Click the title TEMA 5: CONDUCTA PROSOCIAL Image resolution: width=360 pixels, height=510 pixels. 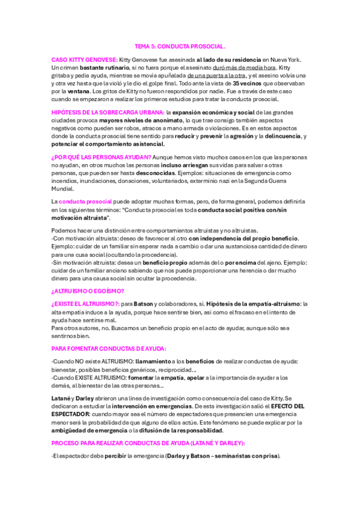[180, 46]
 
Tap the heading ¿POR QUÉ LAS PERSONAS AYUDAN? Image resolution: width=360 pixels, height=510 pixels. [101, 157]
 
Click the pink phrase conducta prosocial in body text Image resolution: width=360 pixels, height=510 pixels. [82, 201]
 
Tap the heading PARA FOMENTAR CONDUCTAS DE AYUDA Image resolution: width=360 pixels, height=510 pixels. [108, 348]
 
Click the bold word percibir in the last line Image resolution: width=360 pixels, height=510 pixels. [115, 456]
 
